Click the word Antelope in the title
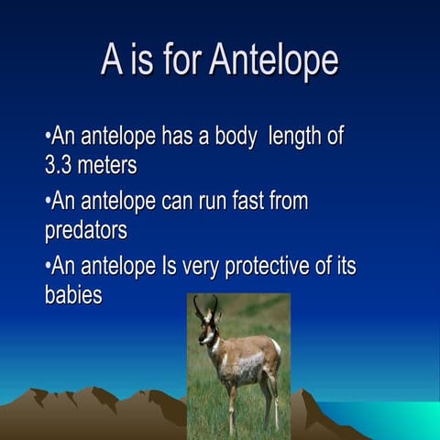(273, 60)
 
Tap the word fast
(243, 202)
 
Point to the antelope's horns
(205, 306)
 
